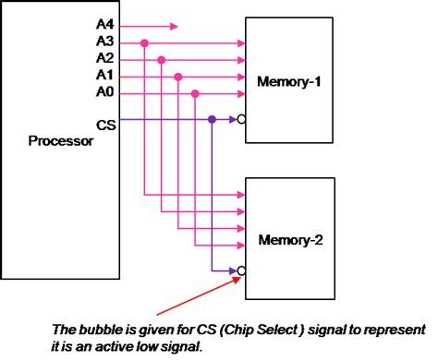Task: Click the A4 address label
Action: pyautogui.click(x=104, y=26)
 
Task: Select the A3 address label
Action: pyautogui.click(x=104, y=42)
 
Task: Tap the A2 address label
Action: pyautogui.click(x=104, y=58)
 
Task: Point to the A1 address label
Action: pyautogui.click(x=104, y=75)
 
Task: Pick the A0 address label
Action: pyautogui.click(x=104, y=91)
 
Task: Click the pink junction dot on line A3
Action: pyautogui.click(x=145, y=42)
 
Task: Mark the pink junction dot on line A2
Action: pyautogui.click(x=162, y=59)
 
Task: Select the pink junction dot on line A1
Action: pyautogui.click(x=177, y=76)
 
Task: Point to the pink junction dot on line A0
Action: pyautogui.click(x=194, y=92)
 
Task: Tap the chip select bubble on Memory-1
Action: pyautogui.click(x=240, y=119)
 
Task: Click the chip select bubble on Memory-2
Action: pyautogui.click(x=240, y=270)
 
